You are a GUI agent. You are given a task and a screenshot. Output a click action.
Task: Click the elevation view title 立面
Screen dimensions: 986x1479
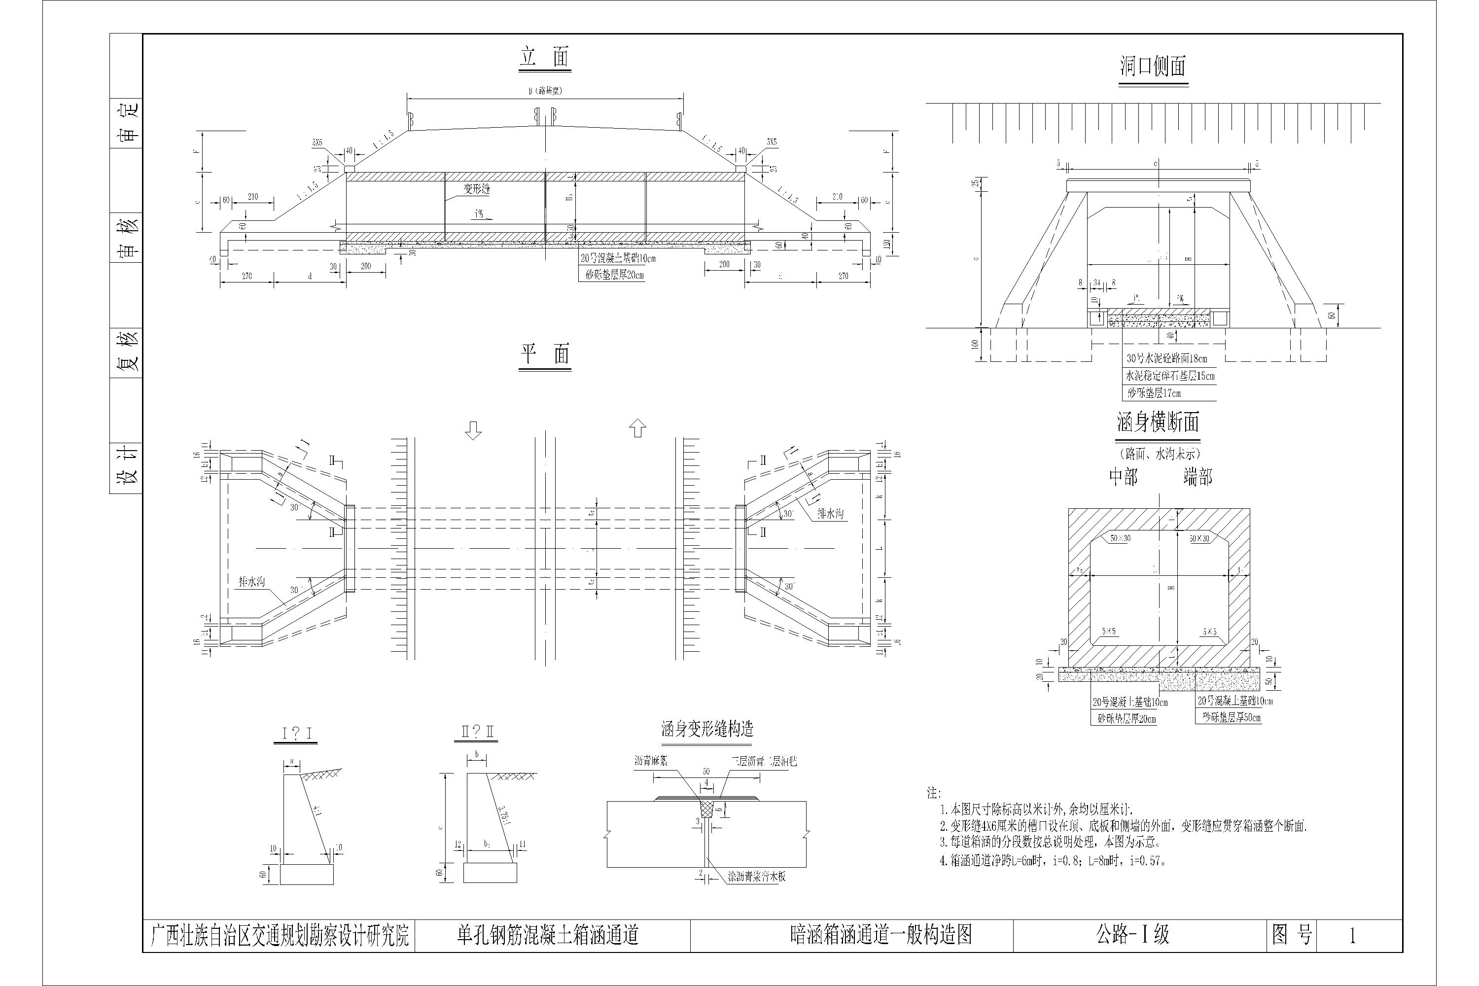(545, 59)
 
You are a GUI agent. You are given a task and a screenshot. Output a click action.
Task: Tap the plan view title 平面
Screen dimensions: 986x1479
(545, 355)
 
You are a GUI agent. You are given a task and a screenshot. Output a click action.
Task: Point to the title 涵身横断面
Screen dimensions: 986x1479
(1158, 423)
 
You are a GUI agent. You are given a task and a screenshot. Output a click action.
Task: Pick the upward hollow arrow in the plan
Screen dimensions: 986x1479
(637, 429)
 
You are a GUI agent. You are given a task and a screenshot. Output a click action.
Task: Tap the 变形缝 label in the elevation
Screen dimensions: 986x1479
(477, 189)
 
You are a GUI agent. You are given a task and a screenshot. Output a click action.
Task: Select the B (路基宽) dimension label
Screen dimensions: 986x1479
(545, 91)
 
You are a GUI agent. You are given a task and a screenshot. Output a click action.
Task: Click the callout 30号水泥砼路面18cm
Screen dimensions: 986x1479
(1166, 358)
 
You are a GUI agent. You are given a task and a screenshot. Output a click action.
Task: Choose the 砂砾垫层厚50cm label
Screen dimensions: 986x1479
(1231, 717)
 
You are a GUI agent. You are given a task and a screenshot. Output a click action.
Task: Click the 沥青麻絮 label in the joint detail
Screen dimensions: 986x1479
(650, 761)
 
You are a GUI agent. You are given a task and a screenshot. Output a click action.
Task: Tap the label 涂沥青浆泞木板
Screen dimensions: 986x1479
(756, 877)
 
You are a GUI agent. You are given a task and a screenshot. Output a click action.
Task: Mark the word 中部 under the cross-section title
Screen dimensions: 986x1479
(1123, 477)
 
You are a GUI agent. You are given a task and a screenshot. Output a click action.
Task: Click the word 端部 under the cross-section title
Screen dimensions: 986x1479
(1197, 477)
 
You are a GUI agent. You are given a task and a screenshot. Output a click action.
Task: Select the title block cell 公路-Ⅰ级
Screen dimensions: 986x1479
(1132, 935)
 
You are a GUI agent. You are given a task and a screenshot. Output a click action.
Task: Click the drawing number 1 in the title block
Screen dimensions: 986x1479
(1352, 936)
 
